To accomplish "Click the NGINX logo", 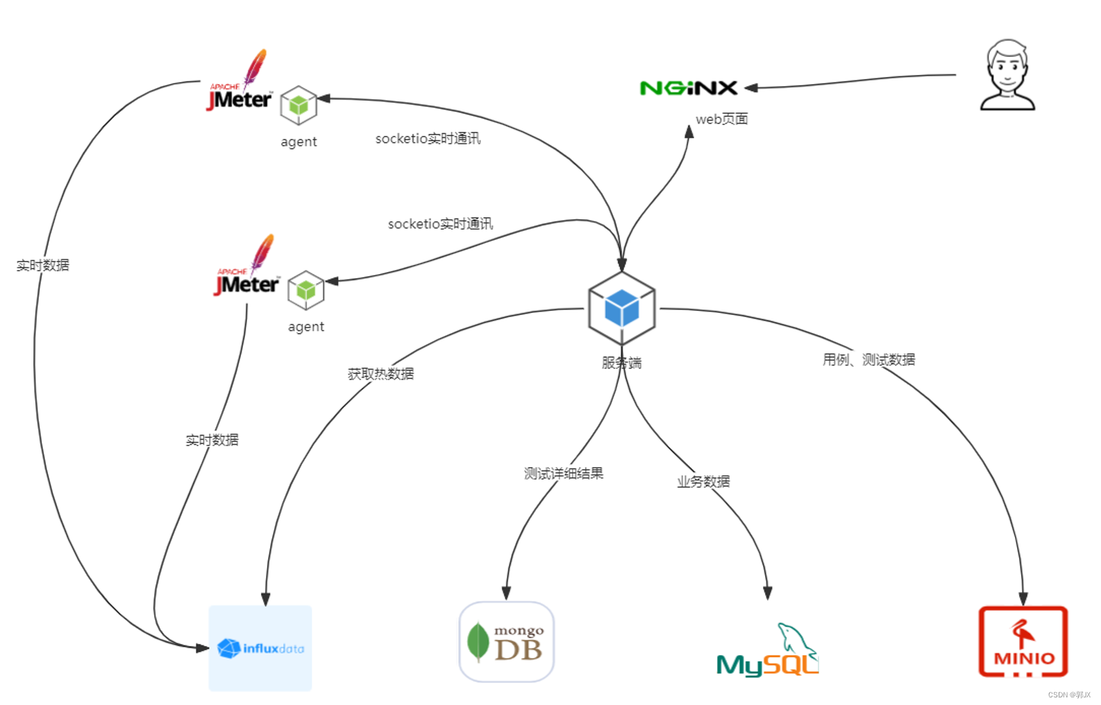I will point(688,88).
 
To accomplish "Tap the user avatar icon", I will point(1007,76).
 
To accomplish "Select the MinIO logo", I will point(1023,642).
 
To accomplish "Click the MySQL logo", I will point(768,652).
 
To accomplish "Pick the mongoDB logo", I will point(506,642).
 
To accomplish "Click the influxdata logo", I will point(260,648).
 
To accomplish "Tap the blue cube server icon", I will point(621,308).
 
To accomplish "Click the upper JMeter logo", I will point(240,83).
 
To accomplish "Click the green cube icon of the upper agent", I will point(299,105).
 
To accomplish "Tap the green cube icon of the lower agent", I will point(306,290).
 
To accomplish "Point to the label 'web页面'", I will point(721,119).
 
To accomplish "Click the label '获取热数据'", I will point(380,374).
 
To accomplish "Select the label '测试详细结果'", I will point(563,473).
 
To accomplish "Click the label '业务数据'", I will point(703,482).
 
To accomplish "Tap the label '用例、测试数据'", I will point(868,359).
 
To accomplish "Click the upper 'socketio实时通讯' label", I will point(428,139).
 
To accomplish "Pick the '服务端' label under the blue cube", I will point(621,363).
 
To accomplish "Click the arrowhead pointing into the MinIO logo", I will point(1023,598).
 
